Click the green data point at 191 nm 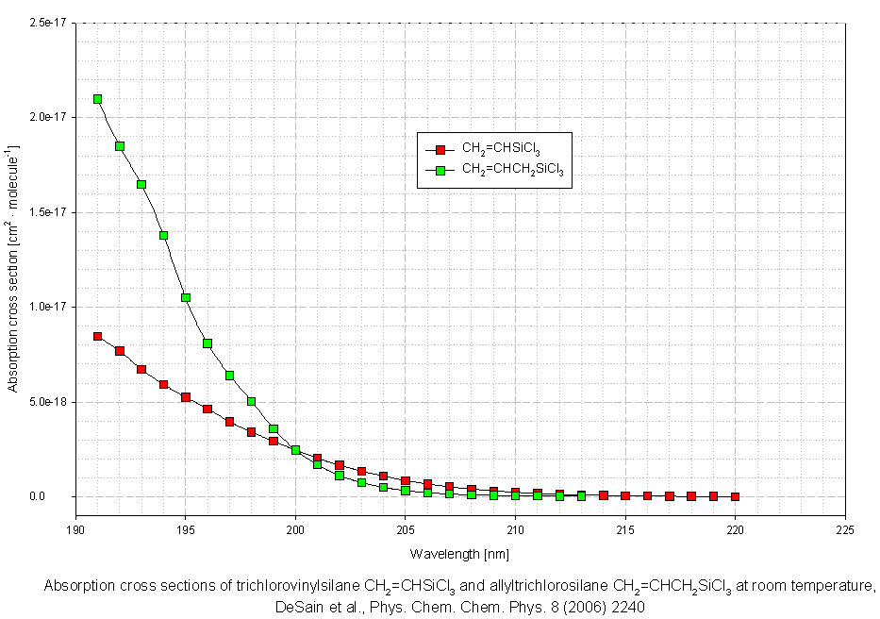coord(97,98)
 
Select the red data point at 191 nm coord(97,336)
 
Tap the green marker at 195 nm coord(186,297)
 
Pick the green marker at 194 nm coord(163,235)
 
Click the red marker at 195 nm coord(186,397)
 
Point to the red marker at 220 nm coord(736,496)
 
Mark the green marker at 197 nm coord(229,375)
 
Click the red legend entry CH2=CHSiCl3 coord(501,149)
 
